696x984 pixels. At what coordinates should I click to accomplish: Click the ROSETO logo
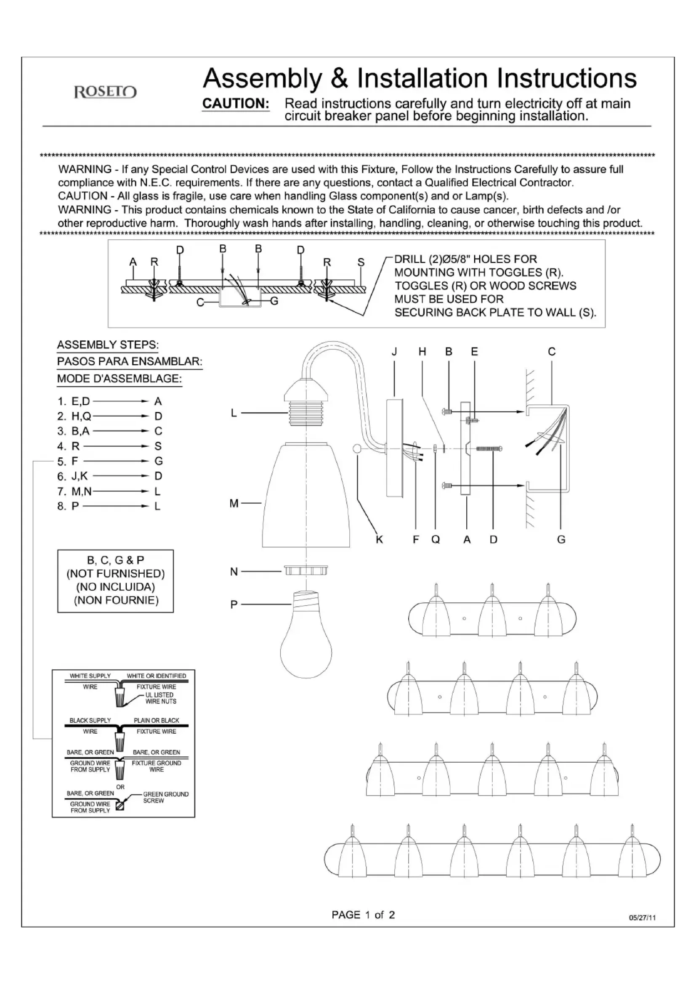106,92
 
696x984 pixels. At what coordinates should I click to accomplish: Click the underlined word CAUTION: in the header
236,104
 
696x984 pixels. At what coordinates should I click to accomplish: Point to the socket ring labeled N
306,570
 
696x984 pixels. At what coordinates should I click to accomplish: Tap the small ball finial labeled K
357,449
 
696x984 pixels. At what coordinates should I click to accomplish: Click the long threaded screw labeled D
489,449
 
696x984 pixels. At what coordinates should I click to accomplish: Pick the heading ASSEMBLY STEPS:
108,345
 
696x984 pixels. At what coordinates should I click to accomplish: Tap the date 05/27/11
642,918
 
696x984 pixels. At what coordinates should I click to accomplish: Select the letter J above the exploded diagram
394,352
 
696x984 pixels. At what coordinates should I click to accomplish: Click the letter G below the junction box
561,540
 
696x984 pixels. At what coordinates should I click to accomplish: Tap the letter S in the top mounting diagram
361,262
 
